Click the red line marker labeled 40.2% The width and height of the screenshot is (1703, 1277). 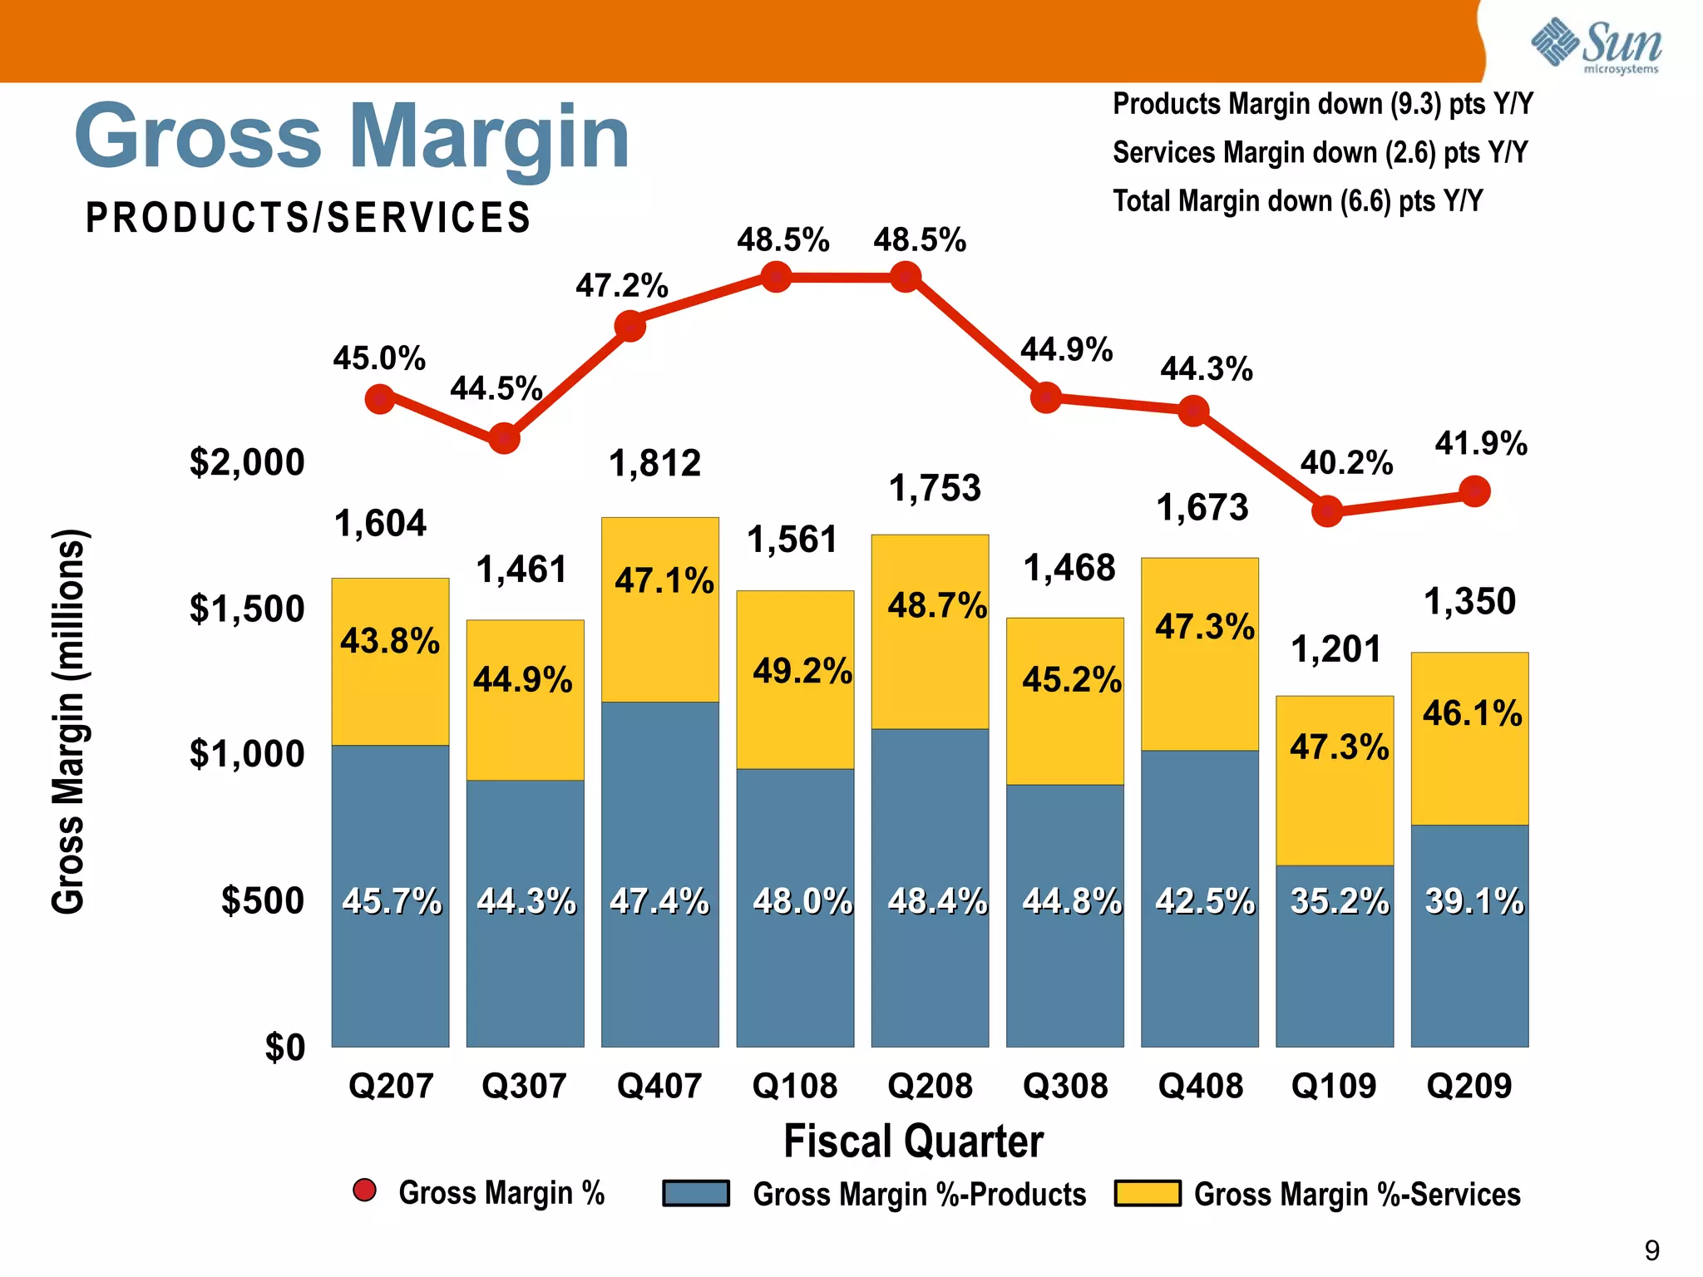pyautogui.click(x=1327, y=510)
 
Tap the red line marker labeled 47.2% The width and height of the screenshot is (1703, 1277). pyautogui.click(x=630, y=326)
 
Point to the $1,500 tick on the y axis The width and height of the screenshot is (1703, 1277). pyautogui.click(x=247, y=609)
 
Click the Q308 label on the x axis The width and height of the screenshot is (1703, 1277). pyautogui.click(x=1065, y=1086)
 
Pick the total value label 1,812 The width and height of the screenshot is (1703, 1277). pyautogui.click(x=655, y=463)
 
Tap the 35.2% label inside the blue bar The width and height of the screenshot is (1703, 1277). pyautogui.click(x=1339, y=901)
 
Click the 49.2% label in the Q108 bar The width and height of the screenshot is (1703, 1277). pyautogui.click(x=802, y=671)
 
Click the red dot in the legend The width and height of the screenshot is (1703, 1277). pyautogui.click(x=364, y=1191)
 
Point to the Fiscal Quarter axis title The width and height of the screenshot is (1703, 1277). pyautogui.click(x=913, y=1141)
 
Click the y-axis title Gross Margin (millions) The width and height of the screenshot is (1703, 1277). pyautogui.click(x=68, y=722)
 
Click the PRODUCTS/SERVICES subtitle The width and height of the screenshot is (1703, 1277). pyautogui.click(x=309, y=218)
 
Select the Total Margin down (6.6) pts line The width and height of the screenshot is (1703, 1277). pyautogui.click(x=1297, y=201)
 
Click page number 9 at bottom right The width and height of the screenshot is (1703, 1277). pyautogui.click(x=1651, y=1250)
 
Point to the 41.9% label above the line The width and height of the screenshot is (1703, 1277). pyautogui.click(x=1481, y=443)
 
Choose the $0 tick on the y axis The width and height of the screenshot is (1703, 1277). pyautogui.click(x=285, y=1047)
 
